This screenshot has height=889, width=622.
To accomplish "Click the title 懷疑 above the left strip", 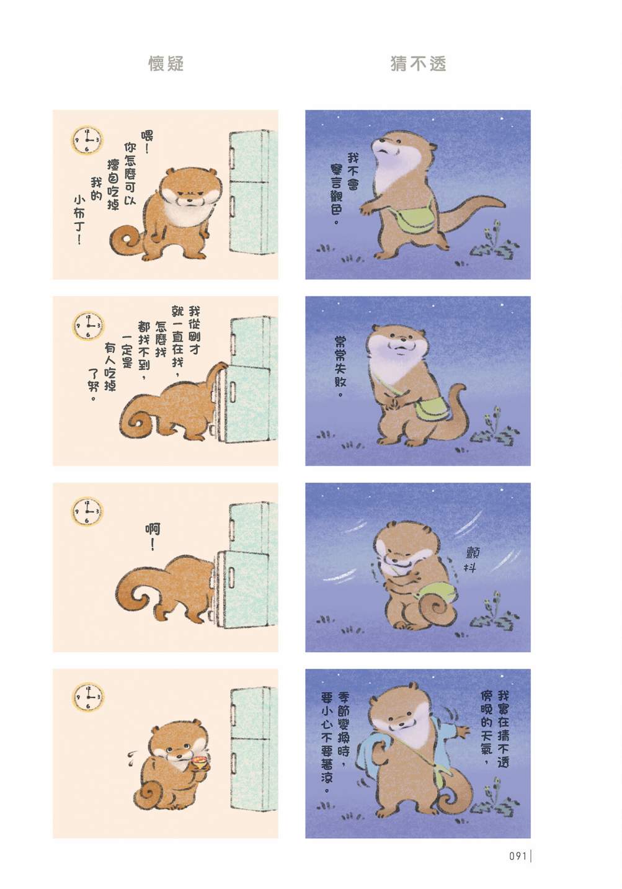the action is point(166,64).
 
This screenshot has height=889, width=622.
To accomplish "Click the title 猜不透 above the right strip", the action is point(418,64).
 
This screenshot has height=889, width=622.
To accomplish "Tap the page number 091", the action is point(518,855).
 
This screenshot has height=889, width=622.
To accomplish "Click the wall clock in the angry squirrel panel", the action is point(87,140).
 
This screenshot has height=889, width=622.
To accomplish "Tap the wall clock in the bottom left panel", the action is point(87,697).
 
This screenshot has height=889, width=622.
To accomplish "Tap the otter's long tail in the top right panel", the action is point(471,213).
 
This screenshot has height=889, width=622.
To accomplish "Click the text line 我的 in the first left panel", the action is point(96,189).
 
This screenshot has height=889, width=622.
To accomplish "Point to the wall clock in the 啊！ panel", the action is point(87,511).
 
